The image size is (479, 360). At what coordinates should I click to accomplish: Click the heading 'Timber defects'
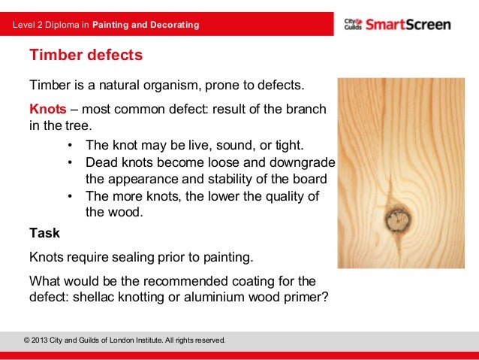coord(85,56)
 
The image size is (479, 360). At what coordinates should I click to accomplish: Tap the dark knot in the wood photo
coord(396,219)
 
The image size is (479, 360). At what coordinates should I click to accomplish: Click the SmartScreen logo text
coord(408,25)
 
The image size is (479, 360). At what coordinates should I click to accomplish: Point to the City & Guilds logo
coord(353,25)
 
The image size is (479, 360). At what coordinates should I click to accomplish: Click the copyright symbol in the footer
coord(28,340)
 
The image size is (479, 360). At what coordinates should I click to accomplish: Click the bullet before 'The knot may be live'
coord(70,145)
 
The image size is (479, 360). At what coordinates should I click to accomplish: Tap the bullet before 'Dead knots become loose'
coord(70,162)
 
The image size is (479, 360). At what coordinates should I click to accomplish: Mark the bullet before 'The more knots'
coord(70,196)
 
